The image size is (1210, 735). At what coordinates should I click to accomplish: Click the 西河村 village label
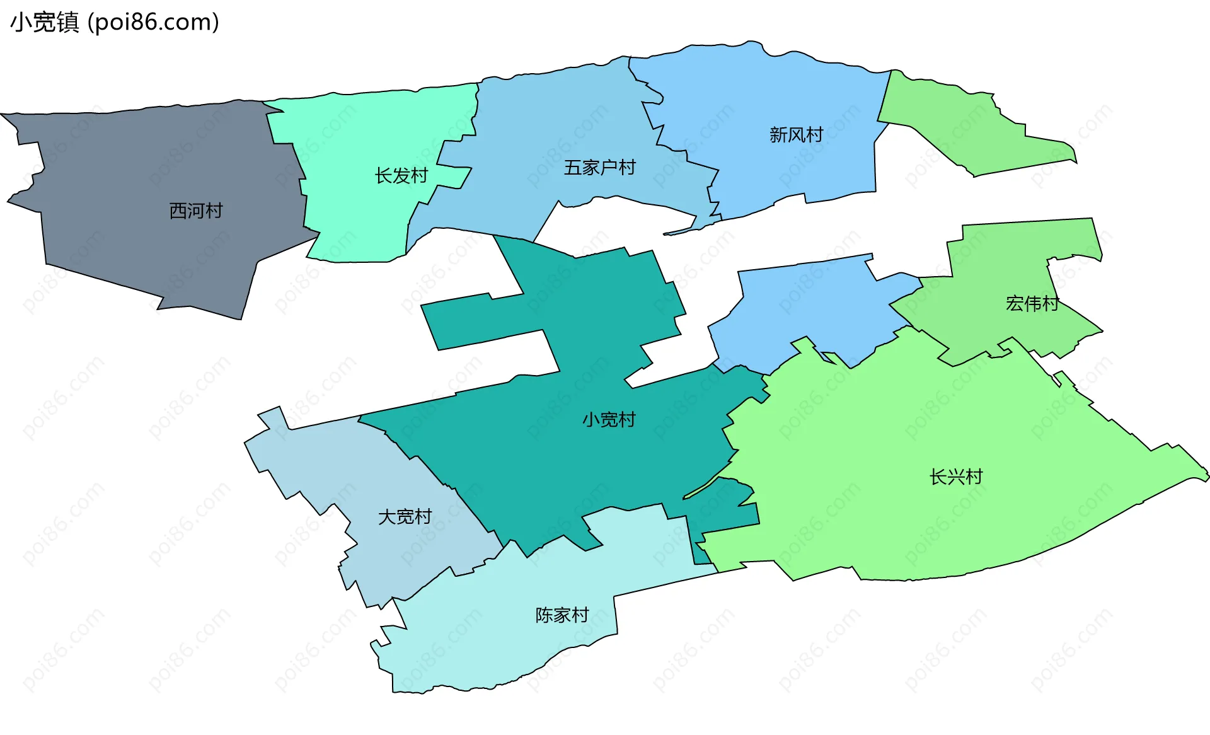[x=196, y=211]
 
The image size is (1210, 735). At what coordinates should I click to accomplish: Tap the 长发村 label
[x=401, y=175]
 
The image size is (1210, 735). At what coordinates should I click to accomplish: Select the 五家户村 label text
[x=599, y=168]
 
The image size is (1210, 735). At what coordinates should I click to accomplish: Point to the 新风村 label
[x=796, y=135]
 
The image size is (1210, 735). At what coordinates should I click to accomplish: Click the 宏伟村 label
[x=1032, y=304]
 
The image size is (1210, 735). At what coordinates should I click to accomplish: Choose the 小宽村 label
[x=609, y=420]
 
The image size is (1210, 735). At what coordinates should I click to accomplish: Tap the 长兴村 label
[x=956, y=477]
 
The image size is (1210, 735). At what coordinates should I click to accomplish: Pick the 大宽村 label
[x=405, y=517]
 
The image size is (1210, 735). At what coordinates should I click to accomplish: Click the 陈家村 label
[x=562, y=615]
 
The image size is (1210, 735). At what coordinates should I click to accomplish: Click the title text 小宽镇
[x=45, y=23]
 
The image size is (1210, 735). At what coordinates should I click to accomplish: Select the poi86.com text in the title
[x=154, y=23]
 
